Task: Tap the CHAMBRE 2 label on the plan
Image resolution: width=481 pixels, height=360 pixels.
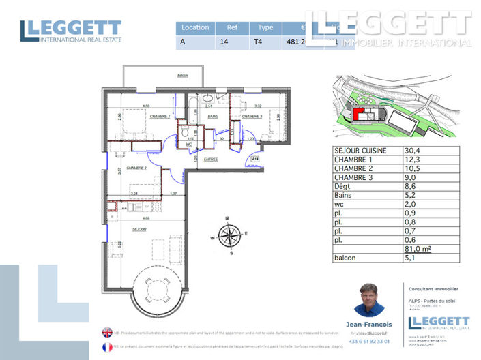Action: [136, 168]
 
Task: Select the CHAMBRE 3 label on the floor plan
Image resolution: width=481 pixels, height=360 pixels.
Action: [252, 116]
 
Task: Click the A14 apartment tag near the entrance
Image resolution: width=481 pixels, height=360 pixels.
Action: [255, 159]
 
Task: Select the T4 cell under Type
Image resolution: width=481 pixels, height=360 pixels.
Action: [260, 42]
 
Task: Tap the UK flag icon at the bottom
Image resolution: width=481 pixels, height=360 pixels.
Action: [107, 333]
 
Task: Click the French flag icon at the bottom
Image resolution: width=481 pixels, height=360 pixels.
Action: [107, 347]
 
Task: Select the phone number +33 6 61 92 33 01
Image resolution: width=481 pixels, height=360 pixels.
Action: [369, 341]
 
